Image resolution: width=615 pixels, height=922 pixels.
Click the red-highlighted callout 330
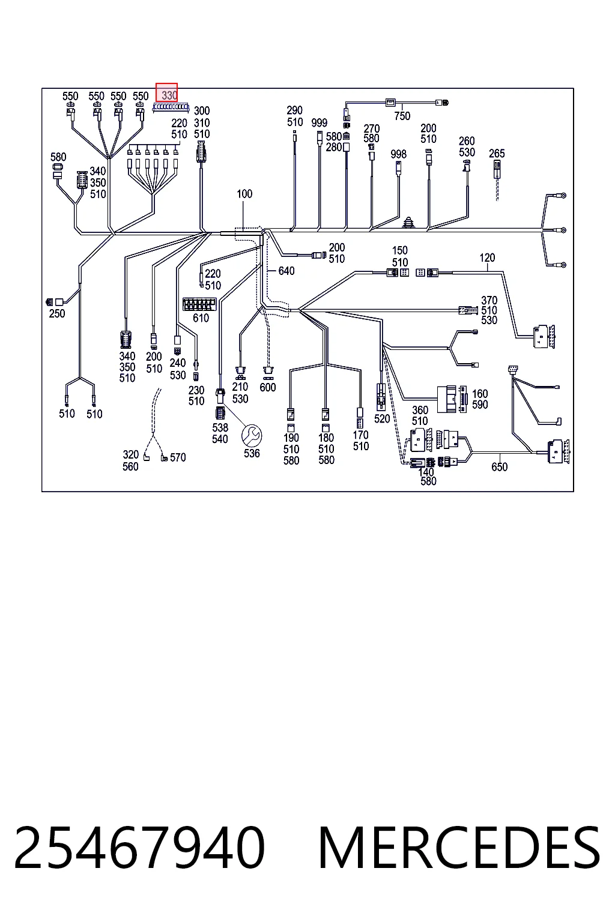166,92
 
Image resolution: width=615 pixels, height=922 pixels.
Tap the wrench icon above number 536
252,436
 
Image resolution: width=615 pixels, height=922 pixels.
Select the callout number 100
244,194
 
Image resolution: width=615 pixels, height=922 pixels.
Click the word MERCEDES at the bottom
459,848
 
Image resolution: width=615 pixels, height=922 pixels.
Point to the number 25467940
139,848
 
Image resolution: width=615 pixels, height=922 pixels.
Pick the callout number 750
402,116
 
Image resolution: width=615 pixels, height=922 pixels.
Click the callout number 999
320,122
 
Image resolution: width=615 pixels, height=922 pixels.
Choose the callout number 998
398,154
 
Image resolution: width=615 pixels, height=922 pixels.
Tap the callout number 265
497,154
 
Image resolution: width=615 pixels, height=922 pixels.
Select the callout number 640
286,271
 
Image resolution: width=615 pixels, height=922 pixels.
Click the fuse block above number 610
199,304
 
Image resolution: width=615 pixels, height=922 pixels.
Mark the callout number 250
57,314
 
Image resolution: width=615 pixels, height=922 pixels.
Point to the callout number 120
487,258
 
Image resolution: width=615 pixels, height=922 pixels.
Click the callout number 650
499,467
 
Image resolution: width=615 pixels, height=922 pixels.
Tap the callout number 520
382,418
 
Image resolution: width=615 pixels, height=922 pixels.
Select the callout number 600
268,387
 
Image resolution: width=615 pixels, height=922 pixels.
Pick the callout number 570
178,457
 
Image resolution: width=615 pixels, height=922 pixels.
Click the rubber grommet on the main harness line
408,222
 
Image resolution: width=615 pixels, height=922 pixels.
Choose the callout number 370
489,301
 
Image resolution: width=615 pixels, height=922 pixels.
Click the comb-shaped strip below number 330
171,108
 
